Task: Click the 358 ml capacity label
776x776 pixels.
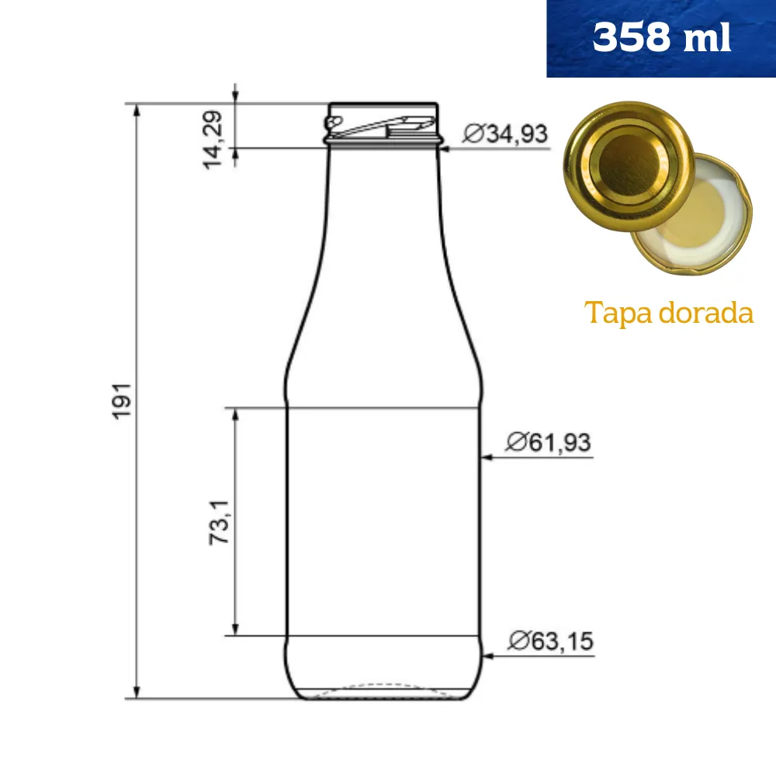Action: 661,38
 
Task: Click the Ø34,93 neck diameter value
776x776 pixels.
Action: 505,134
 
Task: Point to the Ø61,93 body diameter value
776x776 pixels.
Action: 548,443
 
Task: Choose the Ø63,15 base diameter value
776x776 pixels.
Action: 550,642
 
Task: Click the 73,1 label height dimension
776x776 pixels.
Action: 220,521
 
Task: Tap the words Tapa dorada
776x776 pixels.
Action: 669,314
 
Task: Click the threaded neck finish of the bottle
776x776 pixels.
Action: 383,124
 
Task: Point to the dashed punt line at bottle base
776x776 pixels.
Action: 383,687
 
